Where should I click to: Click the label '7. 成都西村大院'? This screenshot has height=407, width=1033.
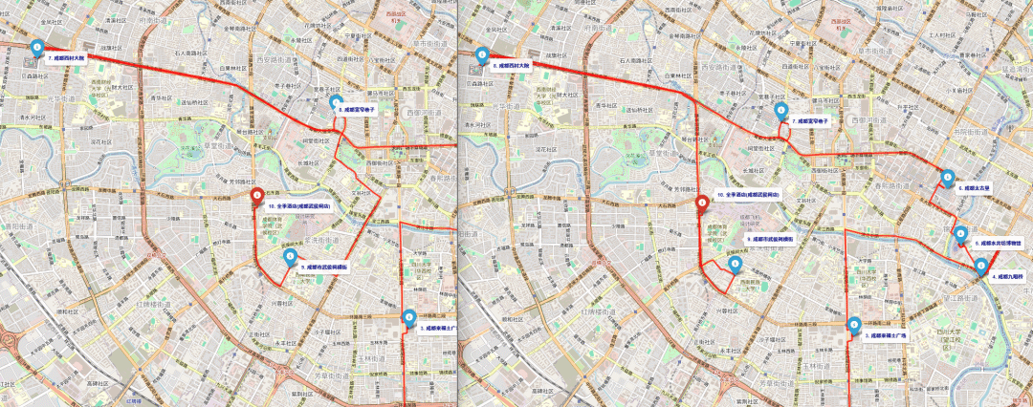click(x=67, y=58)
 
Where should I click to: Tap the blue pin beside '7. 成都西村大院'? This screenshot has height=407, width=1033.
click(x=37, y=48)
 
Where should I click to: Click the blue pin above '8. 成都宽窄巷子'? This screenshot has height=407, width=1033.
click(x=335, y=101)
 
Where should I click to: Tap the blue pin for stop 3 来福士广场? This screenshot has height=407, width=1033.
click(x=409, y=317)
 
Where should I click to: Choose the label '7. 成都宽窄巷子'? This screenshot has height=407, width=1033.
click(x=808, y=121)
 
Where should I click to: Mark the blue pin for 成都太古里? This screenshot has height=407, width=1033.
click(x=948, y=177)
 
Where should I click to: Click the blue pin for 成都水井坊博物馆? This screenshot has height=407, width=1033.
click(x=961, y=233)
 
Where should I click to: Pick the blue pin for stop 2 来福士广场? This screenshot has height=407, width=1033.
click(x=854, y=325)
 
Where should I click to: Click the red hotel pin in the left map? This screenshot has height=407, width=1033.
click(x=256, y=198)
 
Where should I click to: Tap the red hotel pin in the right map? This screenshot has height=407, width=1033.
click(x=702, y=203)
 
